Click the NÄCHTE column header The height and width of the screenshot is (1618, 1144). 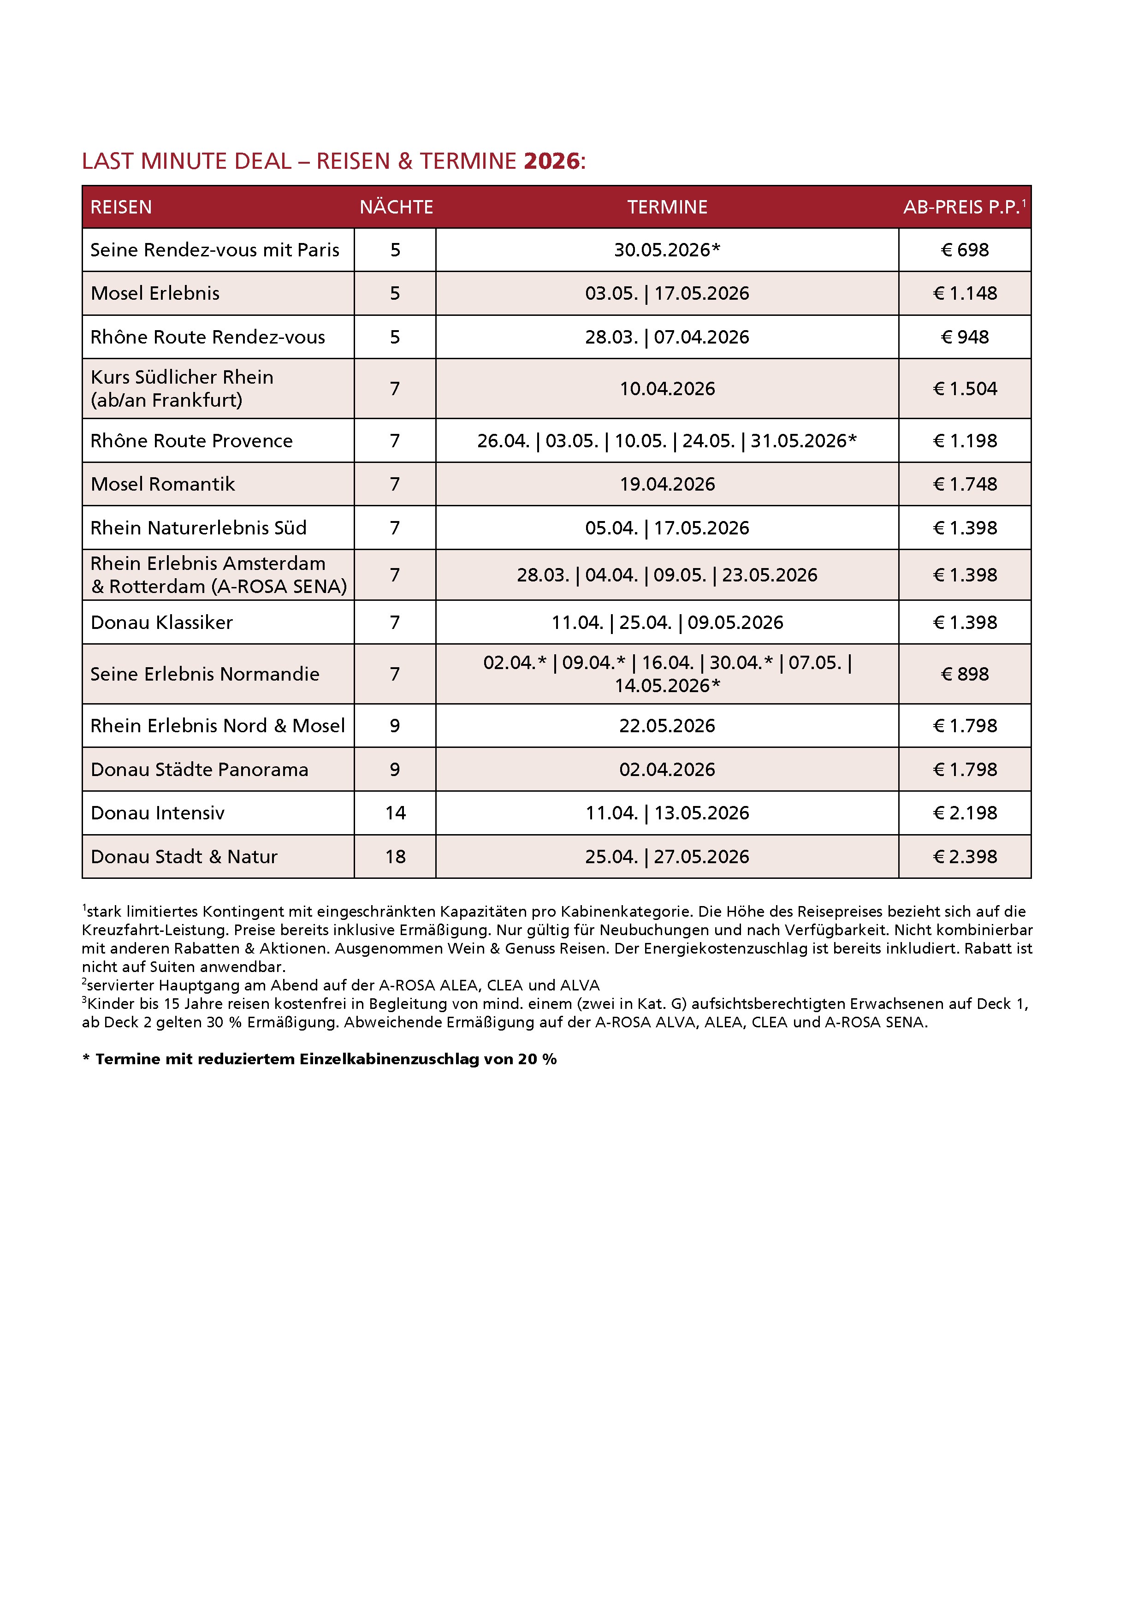[x=396, y=207]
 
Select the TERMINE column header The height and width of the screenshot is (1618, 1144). [x=667, y=207]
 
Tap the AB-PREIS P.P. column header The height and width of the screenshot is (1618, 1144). [x=963, y=207]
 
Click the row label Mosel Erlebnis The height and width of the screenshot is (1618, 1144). [x=155, y=293]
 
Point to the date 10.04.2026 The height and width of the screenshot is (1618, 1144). [x=667, y=389]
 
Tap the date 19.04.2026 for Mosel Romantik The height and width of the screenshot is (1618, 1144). [x=667, y=484]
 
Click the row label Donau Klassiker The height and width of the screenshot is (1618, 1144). [x=161, y=622]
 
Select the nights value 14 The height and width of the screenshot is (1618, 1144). [x=396, y=813]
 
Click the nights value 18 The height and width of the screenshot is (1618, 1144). [x=396, y=857]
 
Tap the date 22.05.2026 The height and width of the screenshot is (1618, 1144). [x=667, y=726]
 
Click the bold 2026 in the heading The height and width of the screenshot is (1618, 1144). [x=551, y=161]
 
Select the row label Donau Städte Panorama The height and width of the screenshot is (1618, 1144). [x=200, y=770]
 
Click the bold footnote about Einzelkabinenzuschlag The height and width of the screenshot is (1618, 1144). [x=319, y=1059]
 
